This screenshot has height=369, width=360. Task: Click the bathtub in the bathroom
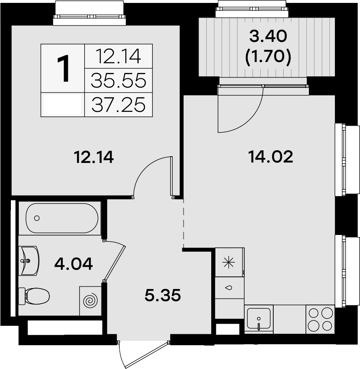coord(62,218)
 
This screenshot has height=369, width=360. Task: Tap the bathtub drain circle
coord(37,218)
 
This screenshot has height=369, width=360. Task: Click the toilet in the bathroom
coord(36,296)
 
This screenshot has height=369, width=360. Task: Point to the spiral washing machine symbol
coord(90,300)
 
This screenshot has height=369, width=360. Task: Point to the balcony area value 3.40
coord(268,36)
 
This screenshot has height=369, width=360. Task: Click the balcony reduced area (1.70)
coord(268,57)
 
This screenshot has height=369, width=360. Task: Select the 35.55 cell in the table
coord(119,80)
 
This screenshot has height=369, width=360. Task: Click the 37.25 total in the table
coord(119,104)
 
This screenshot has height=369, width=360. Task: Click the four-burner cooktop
coord(321,319)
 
